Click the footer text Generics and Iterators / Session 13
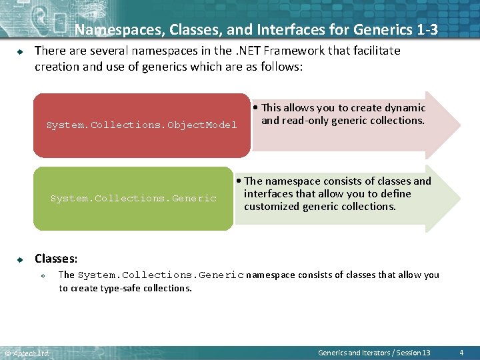tap(374, 353)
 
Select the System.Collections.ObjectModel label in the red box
tap(141, 125)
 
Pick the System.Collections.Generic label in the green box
tap(133, 198)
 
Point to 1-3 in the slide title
tap(423, 29)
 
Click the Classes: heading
tap(56, 258)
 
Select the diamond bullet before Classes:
tap(20, 259)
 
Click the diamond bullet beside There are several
tap(20, 51)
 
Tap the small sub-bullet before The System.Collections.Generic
tap(42, 275)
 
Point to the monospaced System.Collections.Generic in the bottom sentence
tap(161, 275)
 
